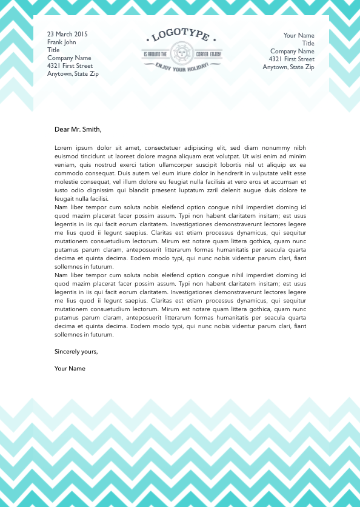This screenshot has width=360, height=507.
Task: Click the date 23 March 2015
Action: [x=67, y=35]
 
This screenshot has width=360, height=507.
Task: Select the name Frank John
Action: [x=62, y=42]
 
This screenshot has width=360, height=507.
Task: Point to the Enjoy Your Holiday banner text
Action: [x=182, y=67]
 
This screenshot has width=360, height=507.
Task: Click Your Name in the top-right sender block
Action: [x=299, y=36]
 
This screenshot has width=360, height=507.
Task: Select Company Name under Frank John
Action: [x=69, y=58]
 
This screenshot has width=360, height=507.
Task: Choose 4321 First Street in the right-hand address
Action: [x=292, y=59]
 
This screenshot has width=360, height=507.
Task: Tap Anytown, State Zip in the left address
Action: [x=73, y=74]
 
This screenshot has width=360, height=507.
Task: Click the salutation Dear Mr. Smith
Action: [x=78, y=129]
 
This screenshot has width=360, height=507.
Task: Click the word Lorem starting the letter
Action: [x=64, y=147]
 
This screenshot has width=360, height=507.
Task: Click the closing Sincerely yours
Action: [x=76, y=352]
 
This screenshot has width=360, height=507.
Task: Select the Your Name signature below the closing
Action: [x=70, y=369]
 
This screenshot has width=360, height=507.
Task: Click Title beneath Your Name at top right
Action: [x=308, y=44]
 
